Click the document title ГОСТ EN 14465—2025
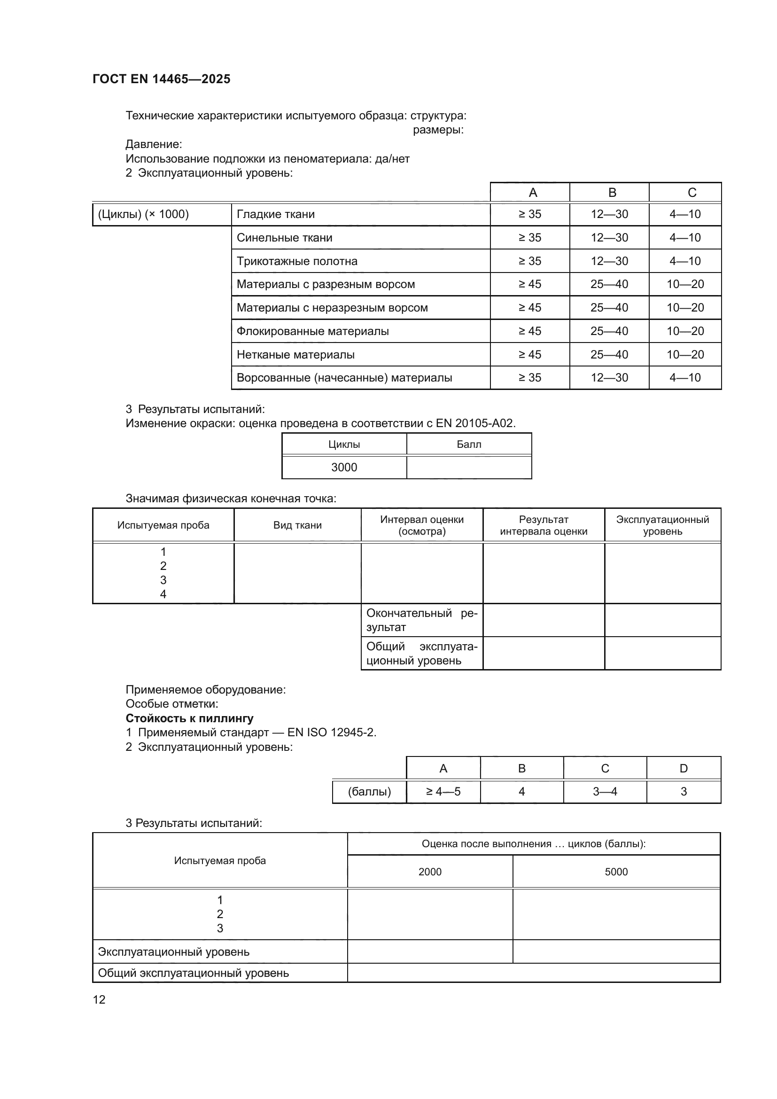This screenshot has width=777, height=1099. (x=161, y=79)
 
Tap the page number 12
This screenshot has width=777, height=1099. (x=99, y=999)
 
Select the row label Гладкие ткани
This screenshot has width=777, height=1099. (x=276, y=214)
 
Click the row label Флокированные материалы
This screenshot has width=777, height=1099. (x=312, y=331)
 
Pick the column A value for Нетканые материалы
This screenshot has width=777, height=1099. (x=529, y=355)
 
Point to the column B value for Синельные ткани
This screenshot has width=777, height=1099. (x=609, y=237)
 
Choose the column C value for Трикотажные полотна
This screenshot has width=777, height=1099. (x=684, y=261)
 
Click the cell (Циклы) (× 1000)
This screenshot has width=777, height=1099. (x=144, y=214)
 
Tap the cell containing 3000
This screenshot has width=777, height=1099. (x=344, y=467)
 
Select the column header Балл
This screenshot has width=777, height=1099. (x=469, y=444)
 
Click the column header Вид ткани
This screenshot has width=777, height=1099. (x=297, y=525)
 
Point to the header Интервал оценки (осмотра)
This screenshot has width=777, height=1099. (x=421, y=525)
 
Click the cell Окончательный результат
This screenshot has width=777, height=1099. (x=421, y=620)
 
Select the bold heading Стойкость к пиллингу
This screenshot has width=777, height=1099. (x=189, y=718)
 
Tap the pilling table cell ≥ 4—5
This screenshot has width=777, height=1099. (x=443, y=791)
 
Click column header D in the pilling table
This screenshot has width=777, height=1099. (x=683, y=768)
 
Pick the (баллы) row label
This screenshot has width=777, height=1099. (x=369, y=791)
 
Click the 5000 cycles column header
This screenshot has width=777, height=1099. (x=616, y=872)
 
